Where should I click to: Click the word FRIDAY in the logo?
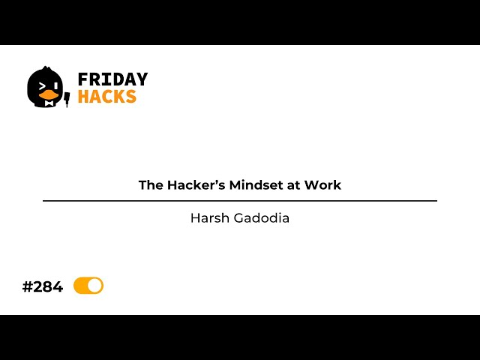pyautogui.click(x=112, y=79)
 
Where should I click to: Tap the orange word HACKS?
pyautogui.click(x=107, y=97)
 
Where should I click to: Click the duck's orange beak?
pyautogui.click(x=49, y=95)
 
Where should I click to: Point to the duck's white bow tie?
pyautogui.click(x=49, y=103)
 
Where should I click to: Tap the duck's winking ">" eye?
pyautogui.click(x=42, y=85)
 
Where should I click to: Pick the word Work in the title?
pyautogui.click(x=324, y=185)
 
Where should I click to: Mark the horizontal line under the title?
pyautogui.click(x=240, y=201)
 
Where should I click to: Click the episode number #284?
pyautogui.click(x=43, y=286)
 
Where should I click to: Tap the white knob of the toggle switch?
pyautogui.click(x=94, y=286)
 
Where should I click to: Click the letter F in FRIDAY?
pyautogui.click(x=82, y=79)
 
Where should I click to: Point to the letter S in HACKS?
pyautogui.click(x=131, y=97)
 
